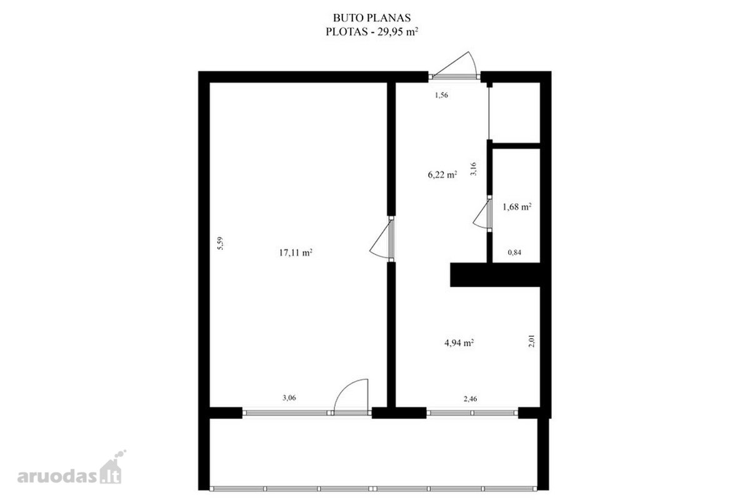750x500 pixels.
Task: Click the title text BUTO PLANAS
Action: click(x=372, y=17)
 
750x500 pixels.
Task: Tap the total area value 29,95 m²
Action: click(x=397, y=32)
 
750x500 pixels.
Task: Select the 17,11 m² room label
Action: click(x=296, y=252)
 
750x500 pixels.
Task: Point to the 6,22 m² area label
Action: click(x=442, y=174)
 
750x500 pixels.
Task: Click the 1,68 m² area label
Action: click(x=517, y=207)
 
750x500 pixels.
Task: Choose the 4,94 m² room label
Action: click(x=459, y=343)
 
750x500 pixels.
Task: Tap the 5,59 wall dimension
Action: click(x=220, y=244)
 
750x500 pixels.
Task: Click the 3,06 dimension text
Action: click(x=289, y=398)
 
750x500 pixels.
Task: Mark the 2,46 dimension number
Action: click(x=470, y=399)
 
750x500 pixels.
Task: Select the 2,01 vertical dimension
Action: click(x=531, y=341)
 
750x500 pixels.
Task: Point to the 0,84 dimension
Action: click(x=514, y=252)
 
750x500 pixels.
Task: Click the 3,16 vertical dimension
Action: click(x=473, y=169)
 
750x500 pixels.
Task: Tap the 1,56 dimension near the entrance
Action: click(x=441, y=95)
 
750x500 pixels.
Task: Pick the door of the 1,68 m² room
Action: click(x=481, y=215)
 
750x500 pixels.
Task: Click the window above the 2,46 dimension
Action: click(x=472, y=413)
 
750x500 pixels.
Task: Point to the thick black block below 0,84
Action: click(x=495, y=274)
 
